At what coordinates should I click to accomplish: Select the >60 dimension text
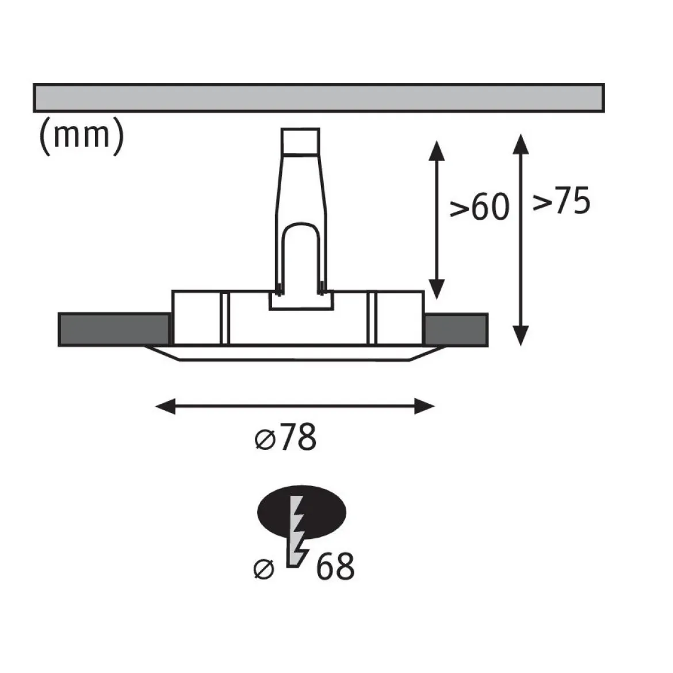(x=479, y=207)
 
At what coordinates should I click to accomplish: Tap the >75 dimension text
(x=561, y=200)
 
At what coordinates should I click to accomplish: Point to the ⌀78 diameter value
(x=285, y=437)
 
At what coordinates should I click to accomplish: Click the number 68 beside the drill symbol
(x=335, y=567)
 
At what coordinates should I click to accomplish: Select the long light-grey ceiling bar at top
(x=319, y=98)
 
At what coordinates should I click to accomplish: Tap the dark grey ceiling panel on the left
(x=114, y=330)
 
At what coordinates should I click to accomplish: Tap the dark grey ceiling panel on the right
(x=456, y=330)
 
